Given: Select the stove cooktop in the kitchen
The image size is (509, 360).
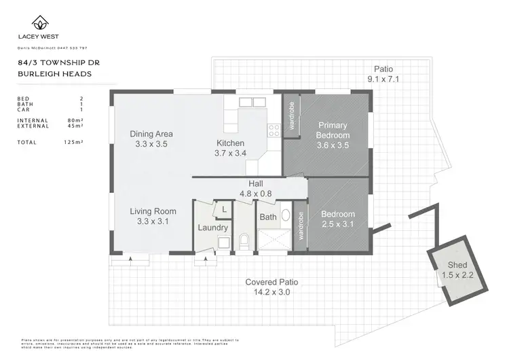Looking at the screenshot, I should (x=275, y=129).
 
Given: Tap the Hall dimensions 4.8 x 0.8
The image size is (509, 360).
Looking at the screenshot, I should (x=256, y=194).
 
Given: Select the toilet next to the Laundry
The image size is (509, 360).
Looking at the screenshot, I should (x=244, y=240).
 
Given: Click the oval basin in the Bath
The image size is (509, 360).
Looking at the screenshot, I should (x=285, y=217).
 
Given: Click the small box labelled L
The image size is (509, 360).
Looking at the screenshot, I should (x=223, y=210).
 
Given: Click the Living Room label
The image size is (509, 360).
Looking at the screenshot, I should (x=153, y=212).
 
